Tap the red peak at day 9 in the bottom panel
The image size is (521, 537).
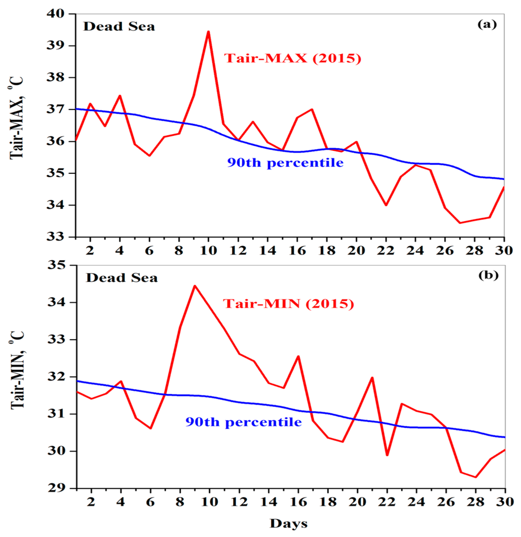195,286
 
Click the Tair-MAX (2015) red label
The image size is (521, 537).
292,58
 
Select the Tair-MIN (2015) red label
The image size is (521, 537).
288,304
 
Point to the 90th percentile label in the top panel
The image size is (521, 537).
285,163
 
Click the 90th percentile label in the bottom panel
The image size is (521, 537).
244,422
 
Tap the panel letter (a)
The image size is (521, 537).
487,25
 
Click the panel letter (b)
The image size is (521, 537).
488,275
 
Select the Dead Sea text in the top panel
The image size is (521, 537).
119,27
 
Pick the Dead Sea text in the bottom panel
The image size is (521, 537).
122,278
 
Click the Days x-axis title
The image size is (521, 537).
288,524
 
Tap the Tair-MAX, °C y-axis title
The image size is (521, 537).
17,118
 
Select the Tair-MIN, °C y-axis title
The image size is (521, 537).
17,370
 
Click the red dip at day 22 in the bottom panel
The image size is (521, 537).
387,455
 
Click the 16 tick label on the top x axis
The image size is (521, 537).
298,251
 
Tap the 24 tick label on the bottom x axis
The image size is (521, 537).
416,502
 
